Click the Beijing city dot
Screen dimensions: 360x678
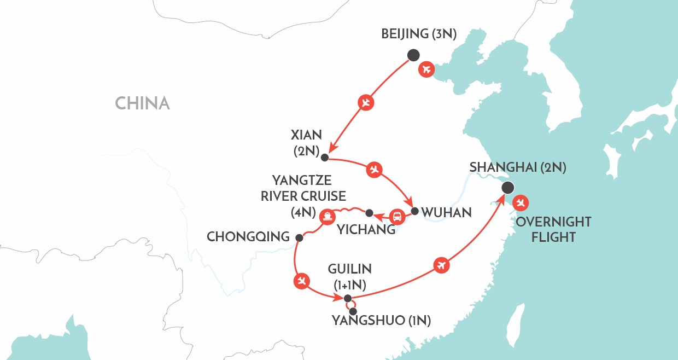point(413,55)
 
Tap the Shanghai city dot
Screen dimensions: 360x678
point(508,188)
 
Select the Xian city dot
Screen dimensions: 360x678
point(324,158)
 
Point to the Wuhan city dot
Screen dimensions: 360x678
point(415,211)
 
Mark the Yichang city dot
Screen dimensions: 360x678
point(369,213)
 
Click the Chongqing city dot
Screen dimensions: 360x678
point(299,238)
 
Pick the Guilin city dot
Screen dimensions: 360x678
point(347,298)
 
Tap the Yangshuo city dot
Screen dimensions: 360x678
point(353,311)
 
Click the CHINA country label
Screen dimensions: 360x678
point(142,103)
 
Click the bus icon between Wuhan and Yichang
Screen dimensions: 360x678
point(399,217)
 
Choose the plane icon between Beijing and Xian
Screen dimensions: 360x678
point(366,102)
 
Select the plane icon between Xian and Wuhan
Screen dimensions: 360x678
point(374,170)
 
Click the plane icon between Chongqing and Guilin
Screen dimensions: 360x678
point(301,281)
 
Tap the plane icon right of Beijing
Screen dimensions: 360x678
point(426,69)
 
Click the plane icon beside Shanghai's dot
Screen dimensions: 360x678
point(522,202)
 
